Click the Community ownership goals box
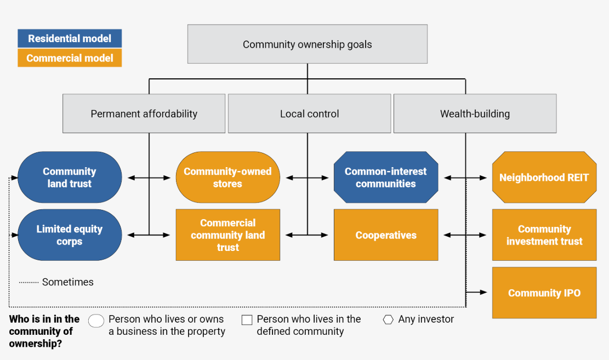click(x=307, y=44)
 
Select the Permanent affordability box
click(x=144, y=114)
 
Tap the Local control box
click(x=309, y=114)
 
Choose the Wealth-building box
click(x=475, y=114)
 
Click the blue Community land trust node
click(x=70, y=178)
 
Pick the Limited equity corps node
click(x=70, y=235)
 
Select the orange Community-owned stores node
click(x=227, y=178)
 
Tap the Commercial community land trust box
click(x=227, y=235)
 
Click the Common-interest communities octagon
click(x=385, y=178)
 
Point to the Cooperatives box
click(x=385, y=235)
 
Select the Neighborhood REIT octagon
click(x=544, y=178)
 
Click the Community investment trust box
click(x=544, y=235)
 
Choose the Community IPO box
click(x=544, y=293)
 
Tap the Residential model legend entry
click(x=70, y=38)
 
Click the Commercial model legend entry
click(x=70, y=58)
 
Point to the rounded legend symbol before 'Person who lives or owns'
click(x=96, y=321)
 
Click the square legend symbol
click(x=247, y=319)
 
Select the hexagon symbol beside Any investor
click(x=388, y=319)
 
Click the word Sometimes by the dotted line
click(x=68, y=282)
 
